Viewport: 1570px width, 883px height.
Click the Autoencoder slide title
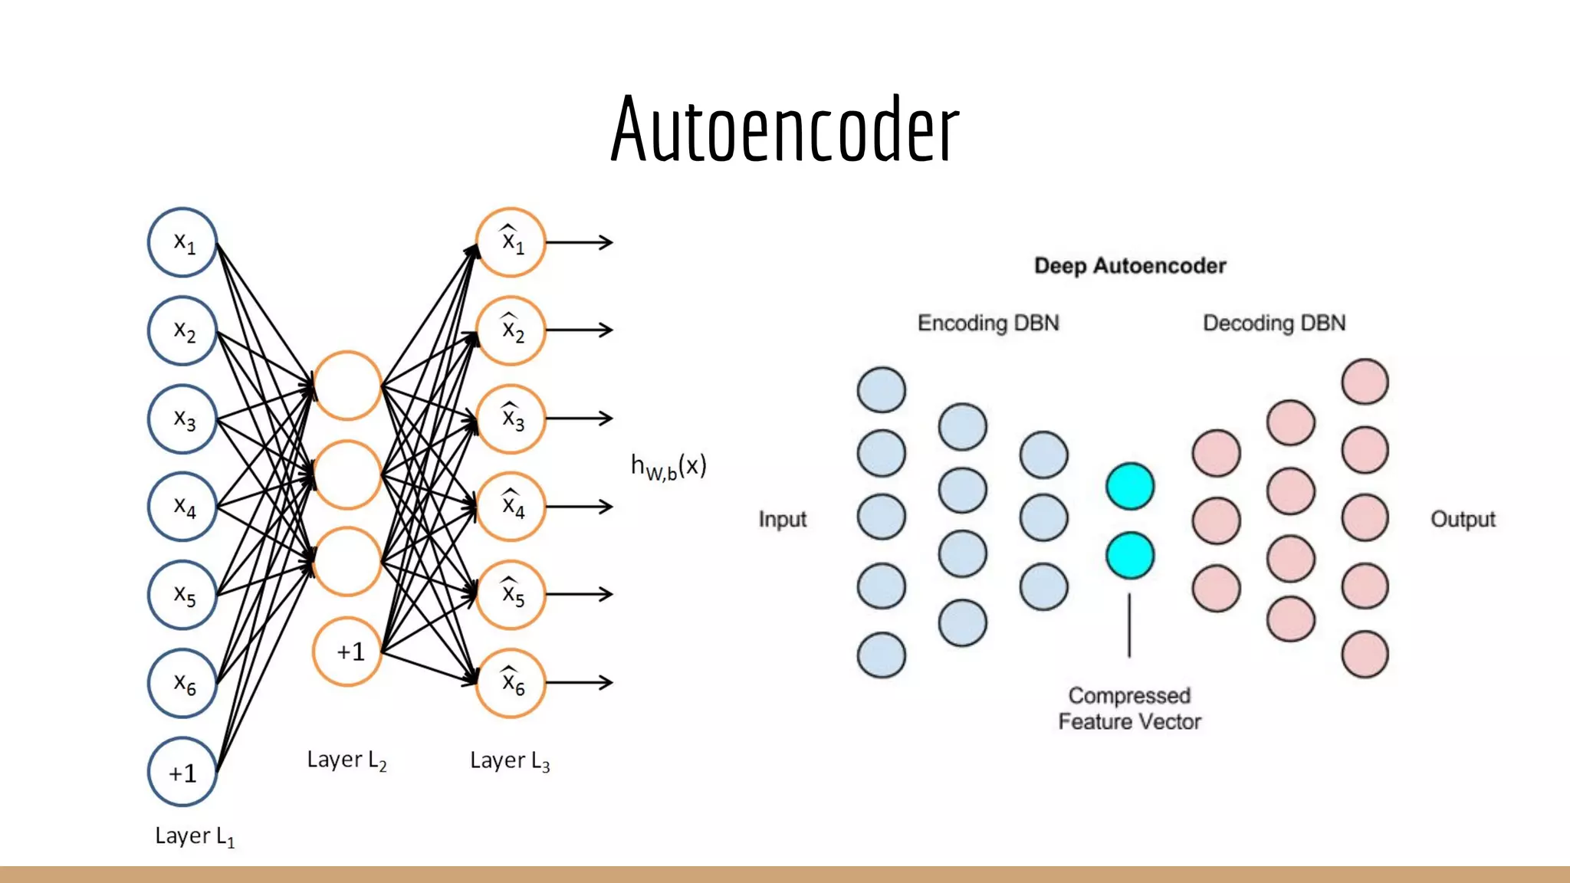784,129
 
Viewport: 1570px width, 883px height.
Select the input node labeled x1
182,242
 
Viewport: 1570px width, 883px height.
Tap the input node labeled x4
182,506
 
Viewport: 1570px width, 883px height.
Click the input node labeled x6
182,683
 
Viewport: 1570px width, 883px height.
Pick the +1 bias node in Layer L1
182,772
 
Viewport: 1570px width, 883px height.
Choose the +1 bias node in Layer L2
347,651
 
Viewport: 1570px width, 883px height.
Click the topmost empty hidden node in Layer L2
347,386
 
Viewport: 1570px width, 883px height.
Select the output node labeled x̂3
511,419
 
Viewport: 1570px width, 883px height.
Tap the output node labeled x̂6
511,682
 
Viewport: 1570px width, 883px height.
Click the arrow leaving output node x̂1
580,242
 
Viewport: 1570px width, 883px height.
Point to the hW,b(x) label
668,466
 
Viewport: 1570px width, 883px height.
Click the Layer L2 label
347,760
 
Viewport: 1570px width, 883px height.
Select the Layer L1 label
194,836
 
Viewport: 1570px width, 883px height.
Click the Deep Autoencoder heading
1130,266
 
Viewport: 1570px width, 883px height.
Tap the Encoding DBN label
988,323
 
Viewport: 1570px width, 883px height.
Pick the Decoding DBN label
1274,323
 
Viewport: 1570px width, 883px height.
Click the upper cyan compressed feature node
1130,486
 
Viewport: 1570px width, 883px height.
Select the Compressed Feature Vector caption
1129,708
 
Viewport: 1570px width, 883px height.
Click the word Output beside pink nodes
1463,519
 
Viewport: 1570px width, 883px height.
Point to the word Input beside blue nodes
783,519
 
